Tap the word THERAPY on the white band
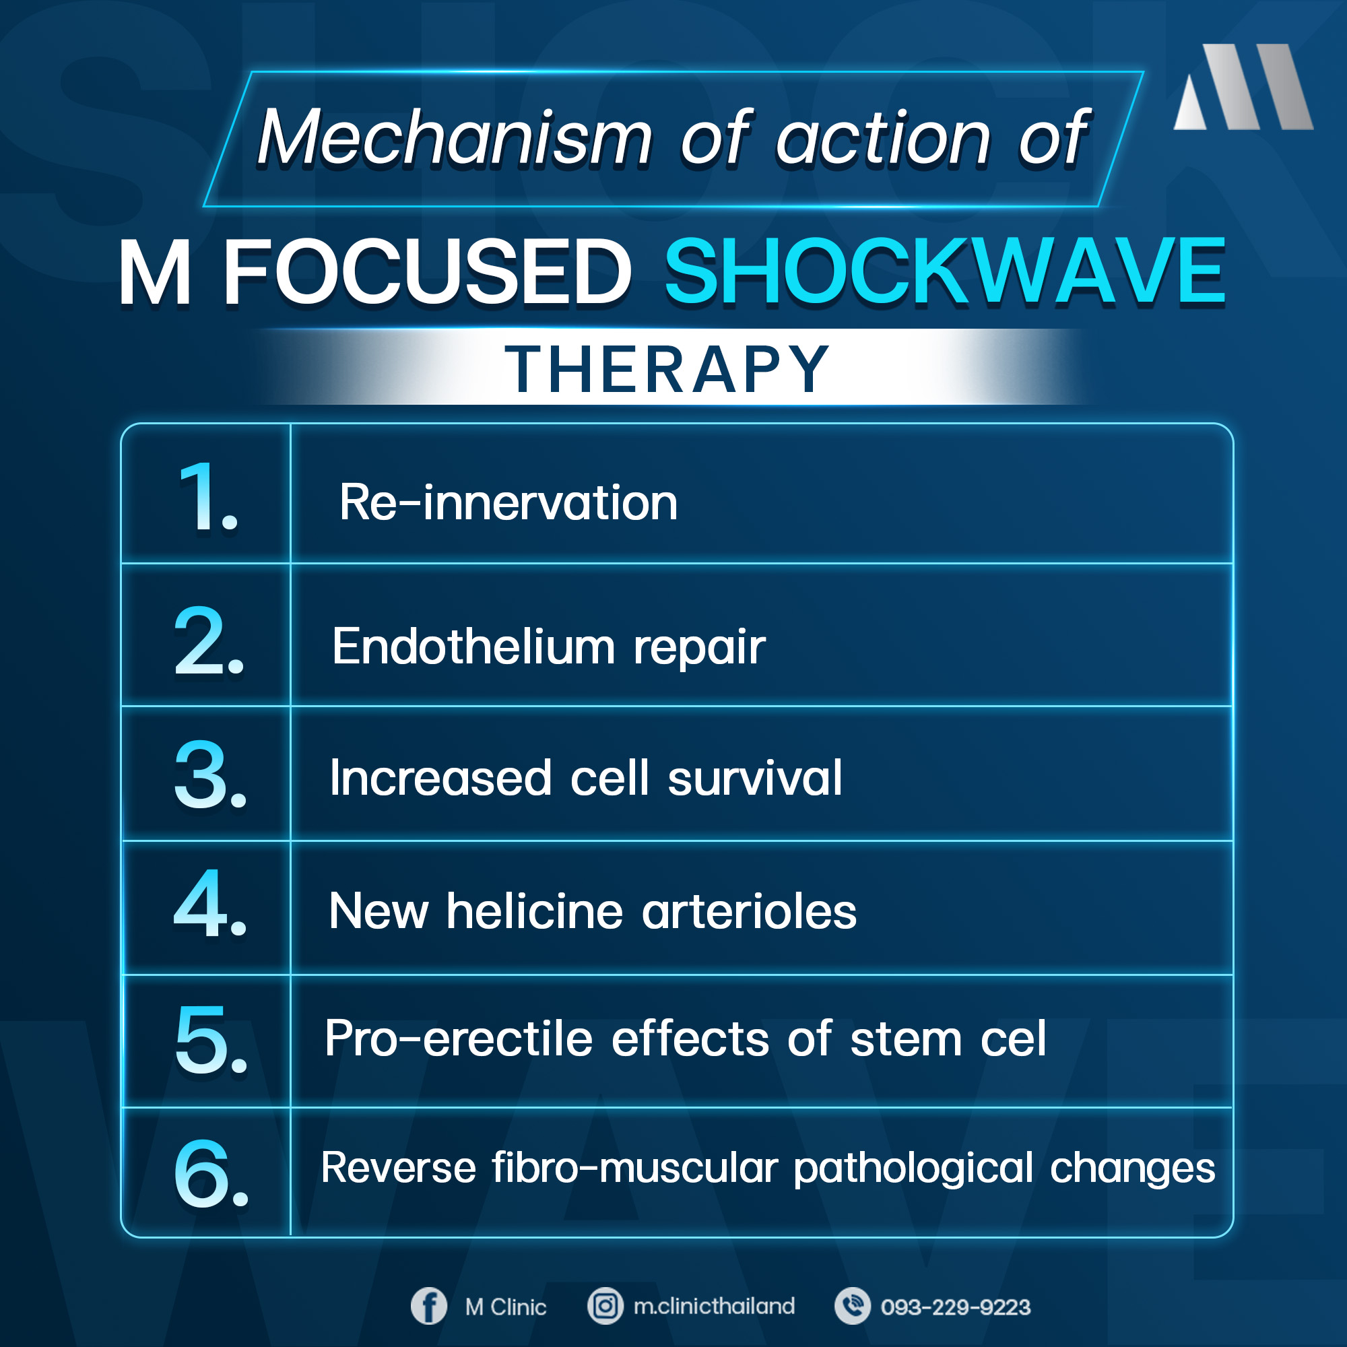[x=667, y=369]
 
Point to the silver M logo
[x=1243, y=87]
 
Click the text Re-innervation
[x=508, y=502]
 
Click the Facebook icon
[x=429, y=1306]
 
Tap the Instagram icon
[x=605, y=1306]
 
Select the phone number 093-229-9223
[x=955, y=1307]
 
